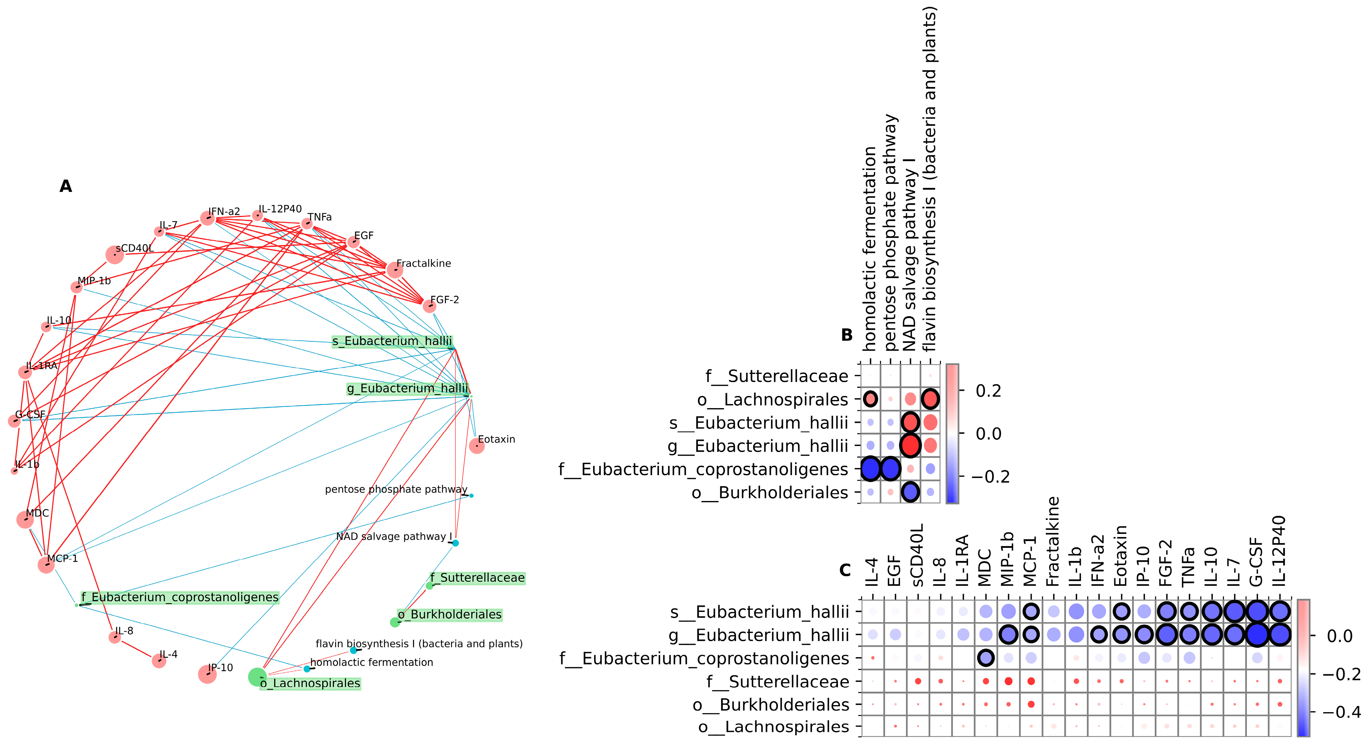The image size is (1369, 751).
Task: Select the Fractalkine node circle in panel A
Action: click(395, 270)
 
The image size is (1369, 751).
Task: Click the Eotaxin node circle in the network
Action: click(477, 446)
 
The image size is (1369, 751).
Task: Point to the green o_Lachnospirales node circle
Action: click(257, 677)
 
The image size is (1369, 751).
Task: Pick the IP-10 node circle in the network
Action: click(207, 675)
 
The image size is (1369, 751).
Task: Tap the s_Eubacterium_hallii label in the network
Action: click(392, 341)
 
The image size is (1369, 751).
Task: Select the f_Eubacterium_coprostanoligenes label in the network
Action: click(180, 597)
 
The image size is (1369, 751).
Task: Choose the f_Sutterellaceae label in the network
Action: click(477, 578)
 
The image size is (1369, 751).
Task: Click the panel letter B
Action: click(847, 335)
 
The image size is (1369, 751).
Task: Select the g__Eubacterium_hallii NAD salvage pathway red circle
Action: click(910, 445)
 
